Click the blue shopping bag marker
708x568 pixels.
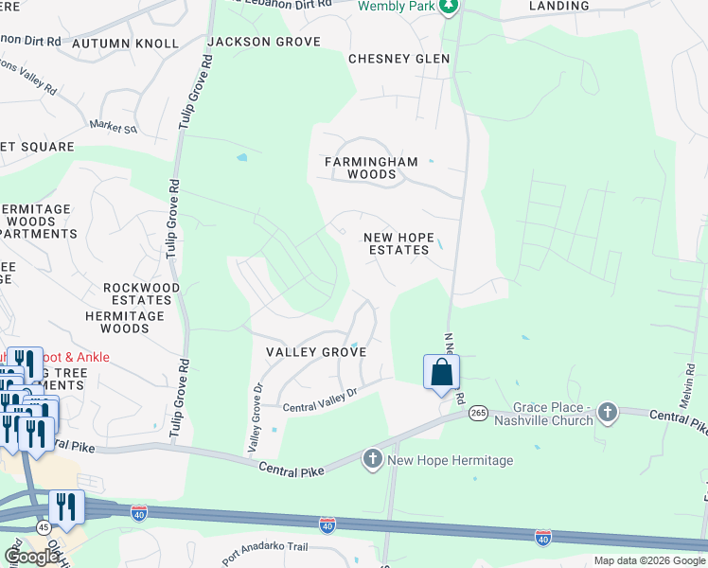441,371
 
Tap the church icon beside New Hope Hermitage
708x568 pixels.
373,460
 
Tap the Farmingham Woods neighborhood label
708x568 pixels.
371,168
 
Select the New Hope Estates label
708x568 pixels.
398,243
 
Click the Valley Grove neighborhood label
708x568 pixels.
315,351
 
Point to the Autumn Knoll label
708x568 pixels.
125,44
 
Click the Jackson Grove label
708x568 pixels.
264,42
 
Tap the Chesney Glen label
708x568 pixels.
398,59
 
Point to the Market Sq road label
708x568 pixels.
114,126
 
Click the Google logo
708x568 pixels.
31,557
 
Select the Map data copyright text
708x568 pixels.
649,560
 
